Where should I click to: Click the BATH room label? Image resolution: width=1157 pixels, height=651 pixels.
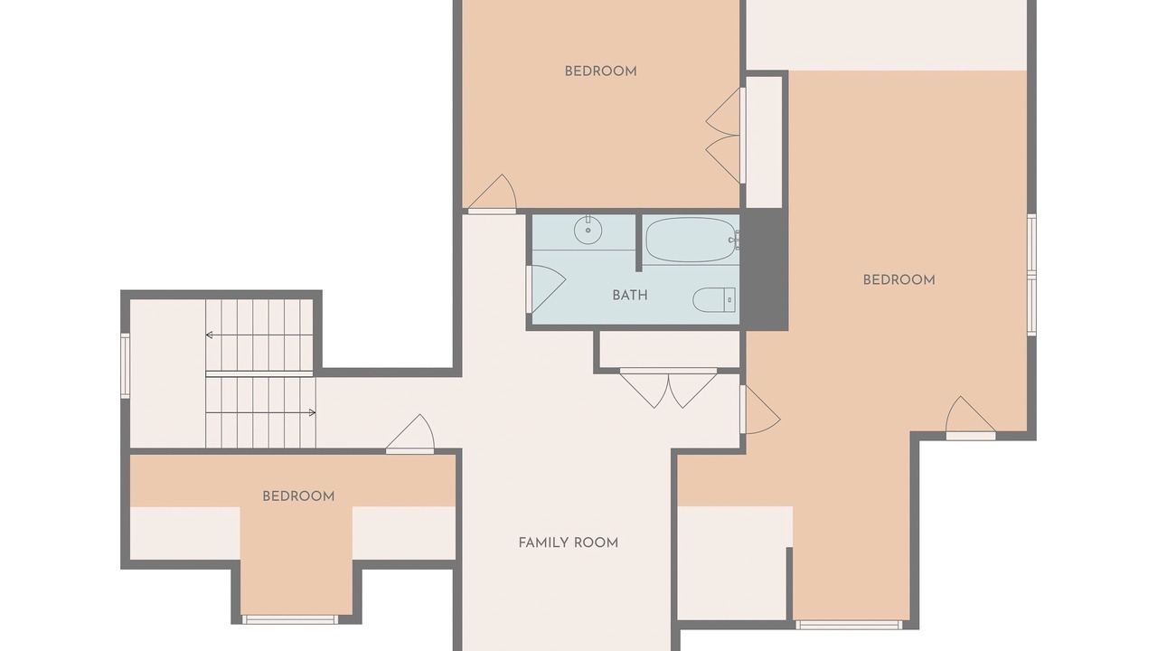[x=630, y=296]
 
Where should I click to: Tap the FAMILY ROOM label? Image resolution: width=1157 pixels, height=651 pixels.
[x=569, y=542]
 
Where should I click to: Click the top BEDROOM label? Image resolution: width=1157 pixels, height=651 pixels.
[x=600, y=71]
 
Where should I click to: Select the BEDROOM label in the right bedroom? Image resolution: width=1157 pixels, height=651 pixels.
[x=898, y=280]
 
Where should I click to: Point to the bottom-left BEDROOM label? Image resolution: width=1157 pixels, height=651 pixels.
[x=298, y=496]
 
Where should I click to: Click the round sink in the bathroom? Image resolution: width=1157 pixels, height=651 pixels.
[x=588, y=231]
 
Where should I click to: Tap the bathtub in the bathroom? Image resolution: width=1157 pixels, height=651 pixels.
[x=690, y=240]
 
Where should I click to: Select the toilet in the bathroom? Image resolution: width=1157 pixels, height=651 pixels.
[x=714, y=299]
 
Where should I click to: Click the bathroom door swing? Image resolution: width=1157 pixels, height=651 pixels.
[x=546, y=288]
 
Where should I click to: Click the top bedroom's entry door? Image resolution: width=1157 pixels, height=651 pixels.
[x=493, y=193]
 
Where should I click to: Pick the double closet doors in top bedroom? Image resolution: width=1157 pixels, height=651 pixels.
[x=724, y=136]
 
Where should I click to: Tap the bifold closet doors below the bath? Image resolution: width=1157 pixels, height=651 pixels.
[x=668, y=388]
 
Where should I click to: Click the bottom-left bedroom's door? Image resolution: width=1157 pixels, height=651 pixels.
[x=410, y=434]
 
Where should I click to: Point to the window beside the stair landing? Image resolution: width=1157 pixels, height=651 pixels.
[x=125, y=366]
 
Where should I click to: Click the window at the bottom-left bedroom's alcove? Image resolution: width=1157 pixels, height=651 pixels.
[x=290, y=619]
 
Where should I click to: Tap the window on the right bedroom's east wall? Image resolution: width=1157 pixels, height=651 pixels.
[x=1031, y=275]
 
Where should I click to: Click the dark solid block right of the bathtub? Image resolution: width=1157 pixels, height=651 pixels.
[x=765, y=269]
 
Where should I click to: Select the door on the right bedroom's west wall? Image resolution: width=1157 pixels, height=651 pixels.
[x=759, y=410]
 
